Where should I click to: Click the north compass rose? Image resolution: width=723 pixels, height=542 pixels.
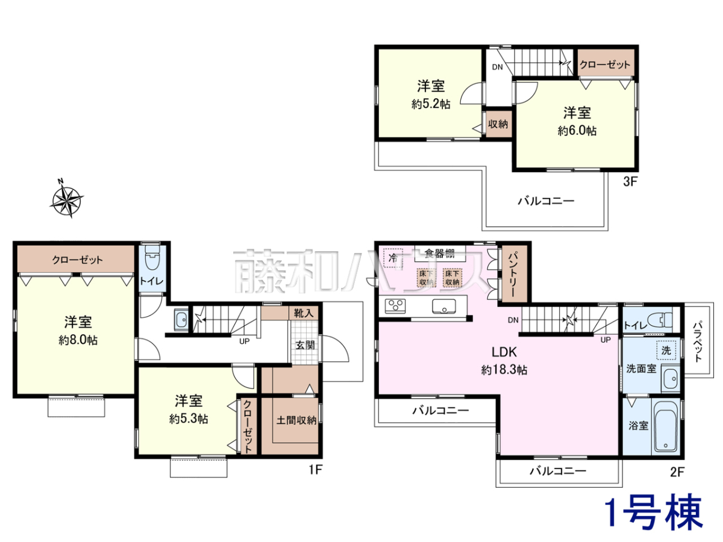(67, 199)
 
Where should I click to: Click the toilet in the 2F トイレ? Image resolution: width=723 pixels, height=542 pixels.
(659, 320)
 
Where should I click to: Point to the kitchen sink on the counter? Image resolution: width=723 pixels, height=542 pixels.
(444, 306)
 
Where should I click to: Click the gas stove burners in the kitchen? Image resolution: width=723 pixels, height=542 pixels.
(395, 306)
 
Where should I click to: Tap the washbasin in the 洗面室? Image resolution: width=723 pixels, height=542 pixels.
(671, 379)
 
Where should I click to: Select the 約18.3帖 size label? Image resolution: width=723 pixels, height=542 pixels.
(504, 370)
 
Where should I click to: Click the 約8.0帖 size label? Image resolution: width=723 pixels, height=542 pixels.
(78, 340)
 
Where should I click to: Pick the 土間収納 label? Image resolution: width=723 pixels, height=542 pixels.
(296, 420)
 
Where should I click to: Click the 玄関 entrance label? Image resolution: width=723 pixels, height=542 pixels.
(305, 345)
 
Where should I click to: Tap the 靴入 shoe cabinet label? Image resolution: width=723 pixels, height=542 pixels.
(303, 313)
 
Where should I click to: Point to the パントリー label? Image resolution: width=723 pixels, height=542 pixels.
(514, 275)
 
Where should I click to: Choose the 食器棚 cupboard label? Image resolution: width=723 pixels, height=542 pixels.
(439, 254)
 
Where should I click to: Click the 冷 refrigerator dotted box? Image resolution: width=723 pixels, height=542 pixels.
(393, 258)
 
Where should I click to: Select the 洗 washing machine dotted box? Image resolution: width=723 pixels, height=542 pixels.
(666, 350)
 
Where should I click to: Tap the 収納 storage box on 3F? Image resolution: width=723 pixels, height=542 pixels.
(498, 123)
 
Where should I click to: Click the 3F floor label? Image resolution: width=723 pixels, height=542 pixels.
(630, 182)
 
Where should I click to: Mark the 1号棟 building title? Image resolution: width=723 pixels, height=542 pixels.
(654, 516)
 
